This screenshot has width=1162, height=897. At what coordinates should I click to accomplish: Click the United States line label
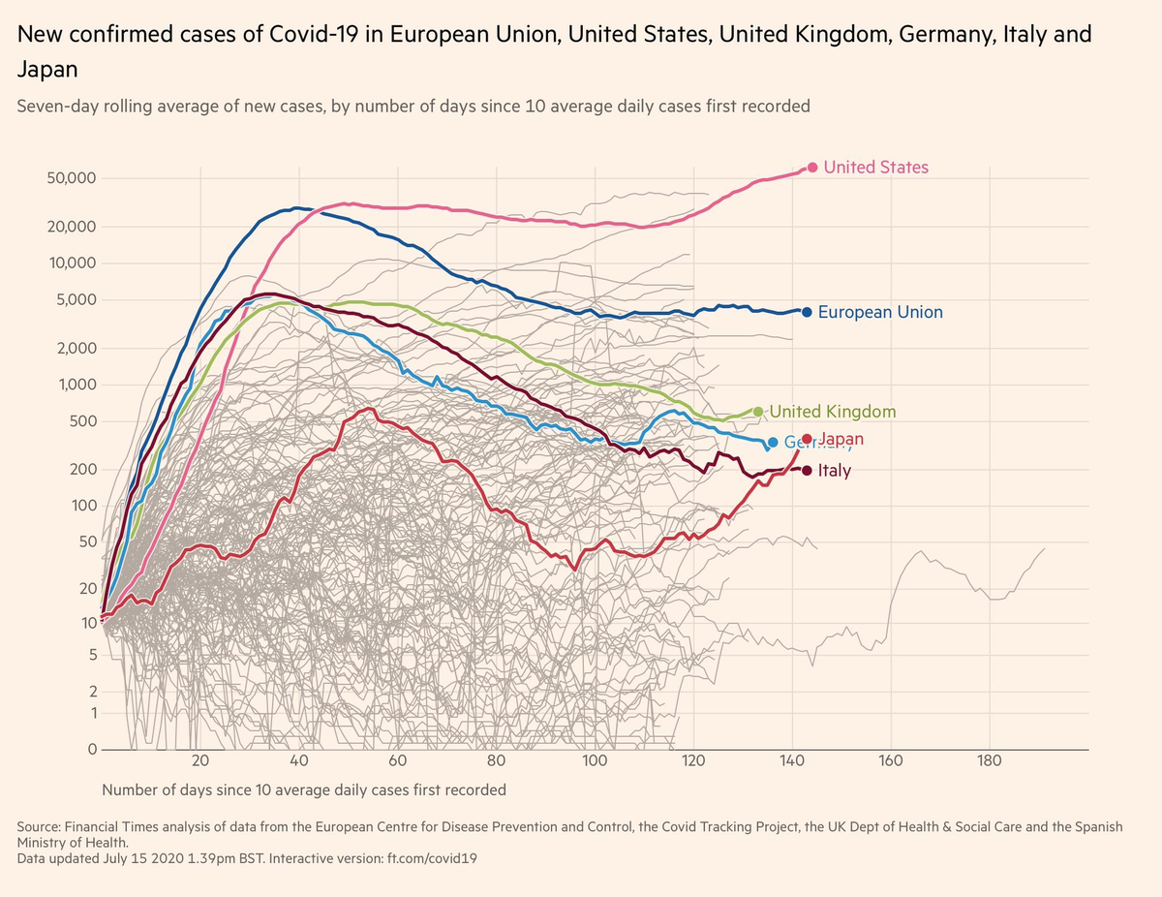(875, 168)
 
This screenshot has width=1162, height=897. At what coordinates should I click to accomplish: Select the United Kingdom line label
(833, 412)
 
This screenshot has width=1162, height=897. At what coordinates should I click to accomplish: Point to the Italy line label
(835, 471)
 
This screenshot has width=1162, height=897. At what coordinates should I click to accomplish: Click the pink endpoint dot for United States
(812, 168)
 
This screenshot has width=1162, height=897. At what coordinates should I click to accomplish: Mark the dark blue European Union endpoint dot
(807, 312)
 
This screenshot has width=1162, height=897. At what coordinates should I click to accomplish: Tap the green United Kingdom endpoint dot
(758, 412)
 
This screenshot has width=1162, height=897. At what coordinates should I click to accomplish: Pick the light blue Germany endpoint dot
(773, 443)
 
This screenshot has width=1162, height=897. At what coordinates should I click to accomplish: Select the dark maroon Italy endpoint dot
(808, 470)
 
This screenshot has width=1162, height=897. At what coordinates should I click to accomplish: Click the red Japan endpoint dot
(808, 439)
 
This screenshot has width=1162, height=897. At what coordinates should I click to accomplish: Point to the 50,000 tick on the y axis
(71, 179)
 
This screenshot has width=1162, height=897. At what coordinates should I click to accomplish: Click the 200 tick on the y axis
(80, 470)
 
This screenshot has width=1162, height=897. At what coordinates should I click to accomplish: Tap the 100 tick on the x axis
(595, 759)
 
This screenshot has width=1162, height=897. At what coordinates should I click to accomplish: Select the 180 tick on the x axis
(990, 759)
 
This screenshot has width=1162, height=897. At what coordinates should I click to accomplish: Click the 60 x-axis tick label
(398, 759)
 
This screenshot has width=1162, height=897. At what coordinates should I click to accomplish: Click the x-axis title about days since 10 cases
(303, 789)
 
